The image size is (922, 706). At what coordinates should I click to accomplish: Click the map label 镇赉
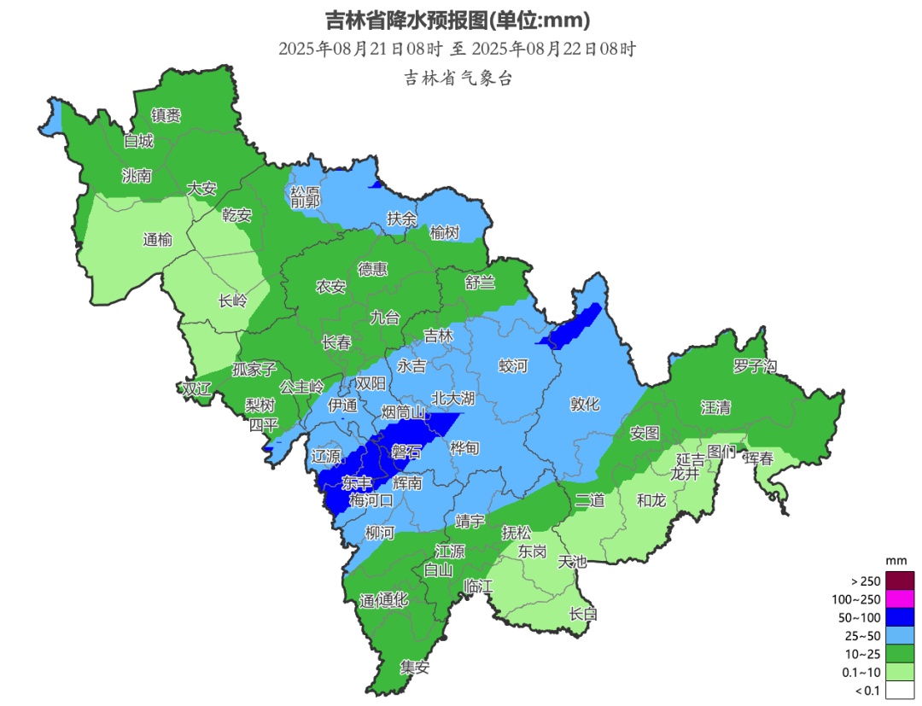tap(166, 115)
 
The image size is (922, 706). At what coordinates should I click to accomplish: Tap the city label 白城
tap(138, 141)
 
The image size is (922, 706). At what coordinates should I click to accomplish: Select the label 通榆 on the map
tap(157, 240)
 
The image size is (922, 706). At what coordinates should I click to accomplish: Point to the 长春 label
tap(336, 342)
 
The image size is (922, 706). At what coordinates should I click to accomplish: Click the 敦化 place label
tap(585, 405)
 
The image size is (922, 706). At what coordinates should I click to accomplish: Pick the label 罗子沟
tap(755, 366)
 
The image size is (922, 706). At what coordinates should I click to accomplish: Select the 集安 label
tap(415, 668)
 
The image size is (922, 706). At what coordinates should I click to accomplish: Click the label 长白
tap(583, 613)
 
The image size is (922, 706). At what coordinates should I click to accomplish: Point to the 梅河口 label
tap(371, 501)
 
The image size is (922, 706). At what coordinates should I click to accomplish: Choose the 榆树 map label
tap(444, 232)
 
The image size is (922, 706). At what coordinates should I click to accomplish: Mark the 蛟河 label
tap(513, 366)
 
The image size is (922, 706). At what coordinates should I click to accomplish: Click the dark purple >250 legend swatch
tap(899, 581)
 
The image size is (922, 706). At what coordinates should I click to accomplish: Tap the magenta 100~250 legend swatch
tap(899, 599)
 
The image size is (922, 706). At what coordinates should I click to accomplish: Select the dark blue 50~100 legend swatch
tap(899, 617)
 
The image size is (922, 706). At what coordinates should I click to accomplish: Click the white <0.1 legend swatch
tap(899, 691)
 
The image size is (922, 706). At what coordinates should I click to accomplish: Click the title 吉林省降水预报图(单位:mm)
tap(458, 19)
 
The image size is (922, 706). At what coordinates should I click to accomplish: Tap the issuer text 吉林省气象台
tap(458, 78)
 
